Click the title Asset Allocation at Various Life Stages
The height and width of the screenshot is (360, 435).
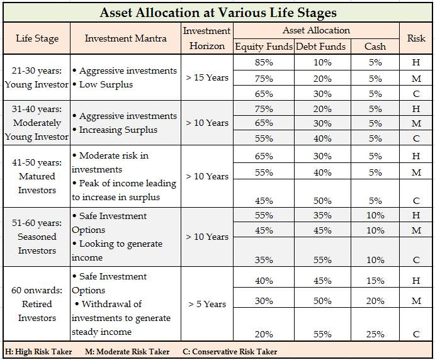(217, 12)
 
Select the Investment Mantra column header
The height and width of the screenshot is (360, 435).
(126, 38)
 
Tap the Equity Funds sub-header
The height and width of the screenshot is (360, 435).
(264, 46)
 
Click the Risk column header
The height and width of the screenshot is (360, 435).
(416, 38)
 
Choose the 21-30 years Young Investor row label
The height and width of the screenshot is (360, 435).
(37, 78)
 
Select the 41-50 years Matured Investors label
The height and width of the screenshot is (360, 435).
(37, 176)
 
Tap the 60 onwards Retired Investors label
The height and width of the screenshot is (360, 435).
(37, 304)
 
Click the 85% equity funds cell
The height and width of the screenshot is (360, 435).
(264, 62)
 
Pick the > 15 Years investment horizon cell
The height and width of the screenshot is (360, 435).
(207, 78)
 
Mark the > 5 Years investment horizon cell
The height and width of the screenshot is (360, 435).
(207, 304)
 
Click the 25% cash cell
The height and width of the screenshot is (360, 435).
(376, 334)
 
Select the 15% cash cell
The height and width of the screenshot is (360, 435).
(376, 280)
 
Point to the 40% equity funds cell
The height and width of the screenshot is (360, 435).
(264, 280)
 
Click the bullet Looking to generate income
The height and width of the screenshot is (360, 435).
(120, 250)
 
